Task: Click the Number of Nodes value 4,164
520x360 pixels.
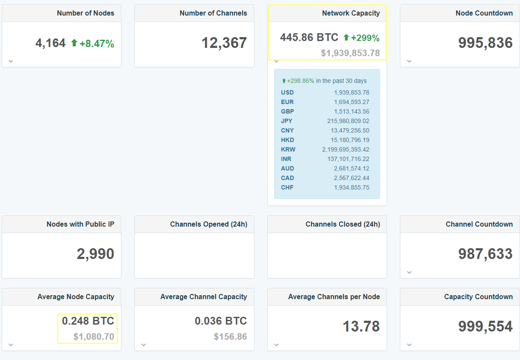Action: pos(51,43)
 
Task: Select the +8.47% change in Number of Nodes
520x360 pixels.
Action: pos(97,44)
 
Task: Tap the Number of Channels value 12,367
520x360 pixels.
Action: pos(224,43)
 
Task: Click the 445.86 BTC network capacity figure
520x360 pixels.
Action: pos(309,38)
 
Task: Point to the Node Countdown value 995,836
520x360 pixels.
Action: pos(485,43)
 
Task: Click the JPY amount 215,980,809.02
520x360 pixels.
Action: pos(348,121)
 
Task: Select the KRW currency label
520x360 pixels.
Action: pos(288,149)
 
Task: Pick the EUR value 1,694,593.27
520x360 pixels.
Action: pos(352,102)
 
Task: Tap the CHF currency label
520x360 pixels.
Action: pos(287,187)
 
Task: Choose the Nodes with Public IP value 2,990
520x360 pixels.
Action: pos(95,254)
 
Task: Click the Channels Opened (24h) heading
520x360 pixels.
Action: pos(209,224)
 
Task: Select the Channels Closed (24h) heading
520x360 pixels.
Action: pos(343,224)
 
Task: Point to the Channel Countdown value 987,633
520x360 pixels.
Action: pos(485,254)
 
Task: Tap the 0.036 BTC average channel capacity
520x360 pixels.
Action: pos(221,321)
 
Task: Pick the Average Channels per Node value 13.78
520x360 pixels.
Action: pos(361,326)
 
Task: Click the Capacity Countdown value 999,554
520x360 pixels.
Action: pos(485,326)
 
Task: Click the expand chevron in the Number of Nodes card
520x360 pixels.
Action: pos(11,61)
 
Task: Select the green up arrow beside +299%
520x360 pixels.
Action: pos(346,38)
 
